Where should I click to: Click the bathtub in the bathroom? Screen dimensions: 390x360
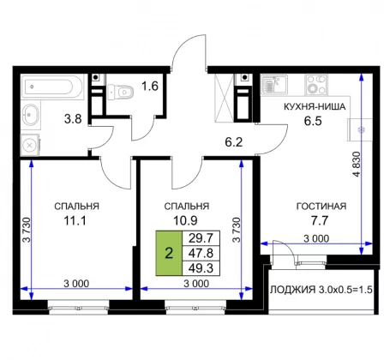click(52, 87)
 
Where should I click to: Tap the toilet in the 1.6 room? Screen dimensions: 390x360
click(121, 92)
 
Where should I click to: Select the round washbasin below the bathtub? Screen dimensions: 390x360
click(31, 115)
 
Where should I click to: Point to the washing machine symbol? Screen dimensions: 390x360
click(30, 145)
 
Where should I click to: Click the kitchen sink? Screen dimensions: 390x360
click(273, 84)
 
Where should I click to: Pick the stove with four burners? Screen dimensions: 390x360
click(316, 84)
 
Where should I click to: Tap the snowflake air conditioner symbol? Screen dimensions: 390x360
click(361, 130)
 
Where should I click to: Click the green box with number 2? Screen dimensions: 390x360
click(169, 253)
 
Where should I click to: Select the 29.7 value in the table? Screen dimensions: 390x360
click(201, 238)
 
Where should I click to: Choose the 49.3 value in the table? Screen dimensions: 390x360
click(201, 268)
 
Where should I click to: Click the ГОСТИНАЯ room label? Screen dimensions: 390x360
click(321, 206)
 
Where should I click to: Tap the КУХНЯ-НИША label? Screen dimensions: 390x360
click(315, 106)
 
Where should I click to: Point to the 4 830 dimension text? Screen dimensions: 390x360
click(357, 164)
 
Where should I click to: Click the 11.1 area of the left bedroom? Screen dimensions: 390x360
click(75, 220)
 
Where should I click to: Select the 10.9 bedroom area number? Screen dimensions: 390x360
click(185, 220)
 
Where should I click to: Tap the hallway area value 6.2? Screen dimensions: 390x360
click(234, 142)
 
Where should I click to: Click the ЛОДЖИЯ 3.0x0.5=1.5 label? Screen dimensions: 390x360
click(321, 290)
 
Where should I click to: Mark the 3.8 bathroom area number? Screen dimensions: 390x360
click(73, 118)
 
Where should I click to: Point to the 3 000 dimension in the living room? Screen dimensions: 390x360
click(316, 238)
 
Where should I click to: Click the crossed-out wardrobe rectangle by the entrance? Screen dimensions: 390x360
click(225, 98)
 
